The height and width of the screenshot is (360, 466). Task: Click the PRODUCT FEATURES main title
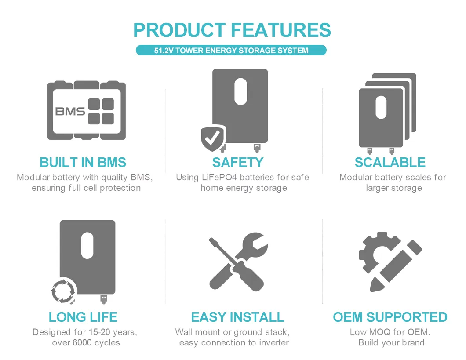tap(232, 30)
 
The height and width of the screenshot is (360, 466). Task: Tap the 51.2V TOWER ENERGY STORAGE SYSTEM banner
tap(231, 51)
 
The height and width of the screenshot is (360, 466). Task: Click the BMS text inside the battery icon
tap(70, 111)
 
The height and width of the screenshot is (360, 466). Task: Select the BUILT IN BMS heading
tap(83, 162)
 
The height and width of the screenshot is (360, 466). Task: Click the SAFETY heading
tap(238, 162)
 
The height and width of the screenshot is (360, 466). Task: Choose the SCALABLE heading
tap(390, 162)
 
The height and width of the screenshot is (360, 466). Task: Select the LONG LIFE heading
tap(83, 317)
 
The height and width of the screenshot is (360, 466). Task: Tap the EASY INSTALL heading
tap(238, 317)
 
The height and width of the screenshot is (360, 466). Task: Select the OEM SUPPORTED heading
tap(390, 317)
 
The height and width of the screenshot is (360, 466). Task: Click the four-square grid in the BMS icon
tap(101, 111)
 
